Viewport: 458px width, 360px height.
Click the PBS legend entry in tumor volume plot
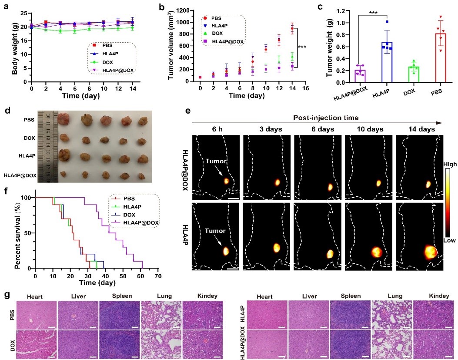point(218,18)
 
